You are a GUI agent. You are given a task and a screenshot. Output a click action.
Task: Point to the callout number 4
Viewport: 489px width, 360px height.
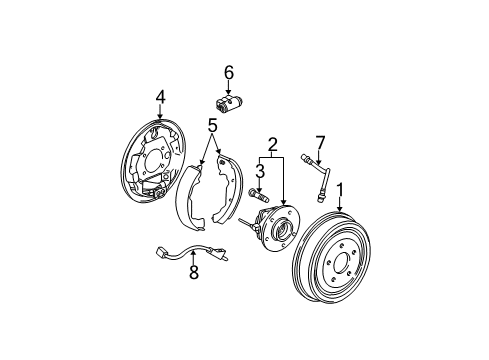(x=159, y=97)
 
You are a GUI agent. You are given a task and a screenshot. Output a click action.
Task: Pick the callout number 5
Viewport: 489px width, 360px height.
(x=212, y=125)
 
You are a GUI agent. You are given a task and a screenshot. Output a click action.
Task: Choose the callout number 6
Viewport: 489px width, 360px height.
(x=228, y=72)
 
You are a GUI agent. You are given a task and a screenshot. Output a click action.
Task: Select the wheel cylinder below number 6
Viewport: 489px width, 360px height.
(x=227, y=102)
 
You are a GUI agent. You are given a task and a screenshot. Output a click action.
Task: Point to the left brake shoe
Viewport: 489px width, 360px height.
(x=189, y=200)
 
